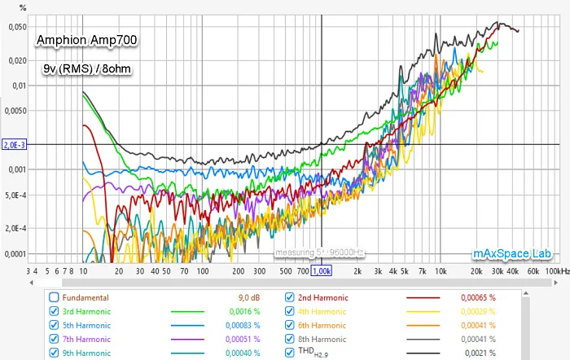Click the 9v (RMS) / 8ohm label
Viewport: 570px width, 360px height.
87,68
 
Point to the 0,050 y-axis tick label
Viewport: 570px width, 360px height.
15,27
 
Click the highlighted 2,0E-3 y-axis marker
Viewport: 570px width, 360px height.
15,145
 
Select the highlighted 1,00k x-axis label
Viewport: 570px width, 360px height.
322,270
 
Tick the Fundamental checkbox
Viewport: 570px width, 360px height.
55,297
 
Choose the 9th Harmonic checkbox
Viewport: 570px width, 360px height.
55,353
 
